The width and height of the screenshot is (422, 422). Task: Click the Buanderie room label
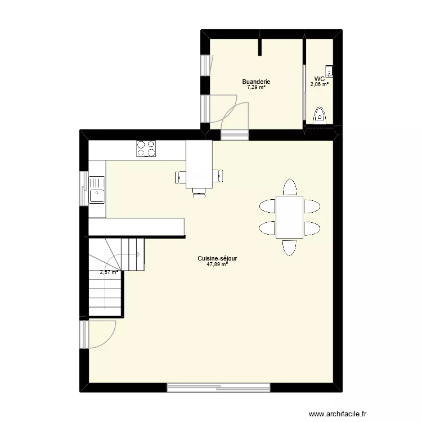(x=256, y=82)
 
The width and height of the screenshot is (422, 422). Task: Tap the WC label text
(x=319, y=79)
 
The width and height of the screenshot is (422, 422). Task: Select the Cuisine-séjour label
(x=217, y=258)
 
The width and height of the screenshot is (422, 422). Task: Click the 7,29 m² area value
(x=256, y=87)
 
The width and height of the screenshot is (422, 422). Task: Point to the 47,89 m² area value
(x=217, y=264)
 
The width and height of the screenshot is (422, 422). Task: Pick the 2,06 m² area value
(x=319, y=84)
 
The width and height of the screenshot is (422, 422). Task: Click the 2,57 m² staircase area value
(x=109, y=272)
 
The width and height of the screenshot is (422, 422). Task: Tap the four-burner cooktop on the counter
(x=146, y=149)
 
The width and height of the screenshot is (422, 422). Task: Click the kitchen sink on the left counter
(x=97, y=189)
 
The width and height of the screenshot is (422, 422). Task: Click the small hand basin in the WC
(x=330, y=71)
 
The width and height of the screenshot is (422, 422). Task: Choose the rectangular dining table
(x=289, y=217)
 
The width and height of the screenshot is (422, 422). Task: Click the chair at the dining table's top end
(x=289, y=187)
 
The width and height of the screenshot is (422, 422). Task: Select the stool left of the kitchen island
(x=181, y=177)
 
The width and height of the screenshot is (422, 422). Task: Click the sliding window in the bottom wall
(x=218, y=387)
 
